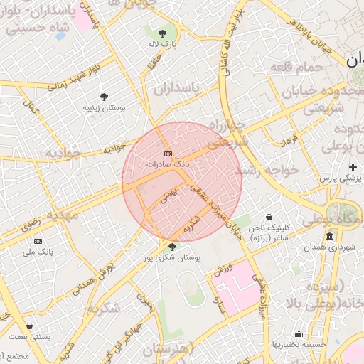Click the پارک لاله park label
pyautogui.click(x=163, y=44)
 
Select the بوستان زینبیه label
pyautogui.click(x=104, y=107)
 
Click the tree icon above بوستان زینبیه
pyautogui.click(x=105, y=96)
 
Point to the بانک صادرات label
pyautogui.click(x=168, y=164)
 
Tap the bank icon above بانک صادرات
pyautogui.click(x=168, y=154)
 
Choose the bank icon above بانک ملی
pyautogui.click(x=38, y=241)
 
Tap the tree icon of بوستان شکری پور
pyautogui.click(x=172, y=247)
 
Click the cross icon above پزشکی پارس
pyautogui.click(x=353, y=166)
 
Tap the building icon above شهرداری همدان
pyautogui.click(x=328, y=235)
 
